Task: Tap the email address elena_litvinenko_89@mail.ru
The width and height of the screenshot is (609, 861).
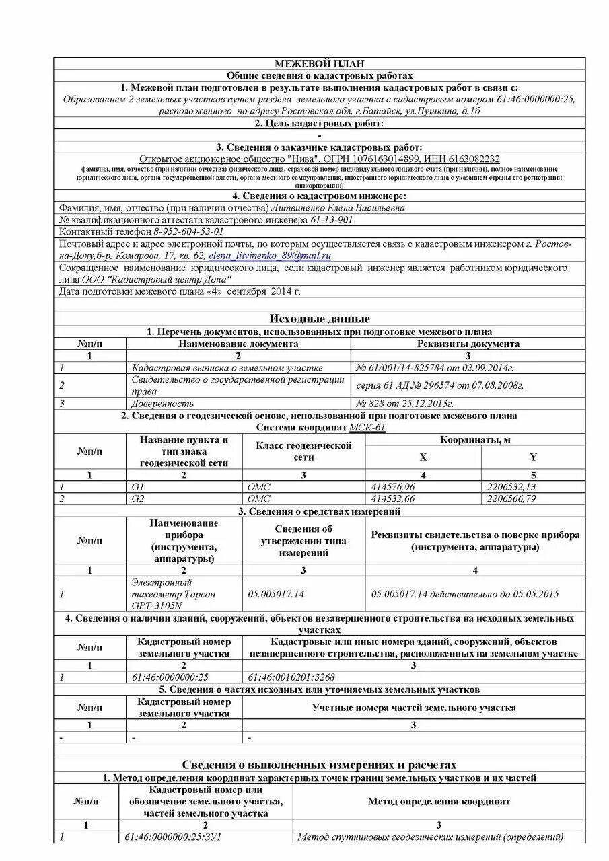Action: click(269, 256)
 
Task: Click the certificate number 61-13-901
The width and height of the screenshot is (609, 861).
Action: click(332, 220)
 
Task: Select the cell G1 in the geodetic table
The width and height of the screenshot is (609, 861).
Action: click(139, 486)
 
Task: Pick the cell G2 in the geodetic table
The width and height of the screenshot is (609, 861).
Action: click(139, 498)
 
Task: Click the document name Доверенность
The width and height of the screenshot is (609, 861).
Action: click(163, 403)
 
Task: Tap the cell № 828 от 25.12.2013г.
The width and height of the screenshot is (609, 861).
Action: click(404, 403)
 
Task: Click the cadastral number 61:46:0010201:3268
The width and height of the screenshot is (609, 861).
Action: click(291, 677)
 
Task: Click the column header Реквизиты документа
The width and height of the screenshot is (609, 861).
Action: click(468, 344)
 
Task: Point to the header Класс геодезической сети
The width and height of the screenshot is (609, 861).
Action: click(303, 451)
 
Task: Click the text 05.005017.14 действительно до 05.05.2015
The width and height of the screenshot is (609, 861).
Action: click(465, 594)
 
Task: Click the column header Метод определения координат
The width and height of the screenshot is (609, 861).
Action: click(439, 801)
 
